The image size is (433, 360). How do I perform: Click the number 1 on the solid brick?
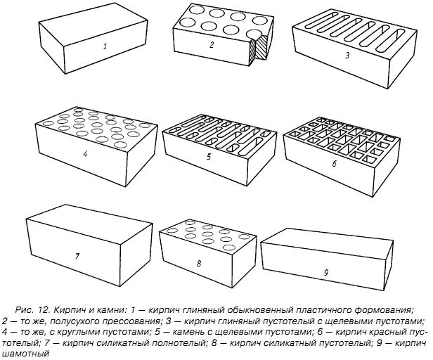pos(105,46)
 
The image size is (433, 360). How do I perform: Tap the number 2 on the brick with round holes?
pos(212,45)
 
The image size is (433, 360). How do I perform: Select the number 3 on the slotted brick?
pos(347,56)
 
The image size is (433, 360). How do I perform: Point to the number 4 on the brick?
pos(85,154)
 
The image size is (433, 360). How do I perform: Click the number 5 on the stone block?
pos(209,157)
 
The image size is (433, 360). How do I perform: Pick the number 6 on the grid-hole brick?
pos(334,164)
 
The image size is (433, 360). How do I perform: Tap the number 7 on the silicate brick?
pos(77,257)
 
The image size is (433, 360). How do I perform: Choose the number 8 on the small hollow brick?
pos(199,264)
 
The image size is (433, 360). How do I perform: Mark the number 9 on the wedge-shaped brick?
pos(326,273)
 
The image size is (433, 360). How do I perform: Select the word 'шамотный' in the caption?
pos(25,354)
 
